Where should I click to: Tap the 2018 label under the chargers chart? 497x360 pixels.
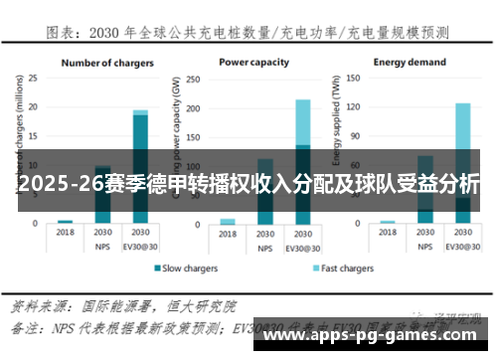[x=66, y=231]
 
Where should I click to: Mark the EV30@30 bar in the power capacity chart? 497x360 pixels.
[x=302, y=160]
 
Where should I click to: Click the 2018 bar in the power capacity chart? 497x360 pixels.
[x=228, y=221]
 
